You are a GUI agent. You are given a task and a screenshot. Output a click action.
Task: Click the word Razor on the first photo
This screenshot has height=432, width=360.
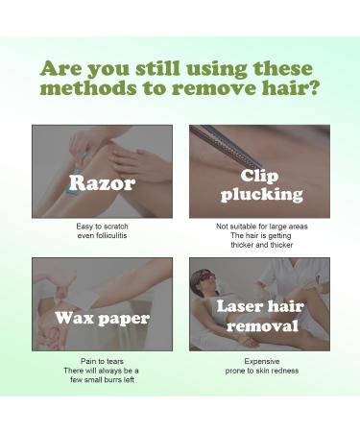[102, 183]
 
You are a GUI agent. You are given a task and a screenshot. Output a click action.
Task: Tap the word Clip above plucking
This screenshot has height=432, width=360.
[259, 177]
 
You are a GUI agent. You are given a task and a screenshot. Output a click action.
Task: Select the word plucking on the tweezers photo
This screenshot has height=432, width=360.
[261, 194]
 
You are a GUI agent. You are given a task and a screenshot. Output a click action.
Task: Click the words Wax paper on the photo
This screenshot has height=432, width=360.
[102, 318]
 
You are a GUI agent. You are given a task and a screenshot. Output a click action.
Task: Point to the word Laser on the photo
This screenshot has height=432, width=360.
[240, 306]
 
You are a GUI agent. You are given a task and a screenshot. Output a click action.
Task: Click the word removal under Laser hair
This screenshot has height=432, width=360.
[262, 325]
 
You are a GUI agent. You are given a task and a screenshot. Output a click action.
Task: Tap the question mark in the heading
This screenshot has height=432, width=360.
[312, 87]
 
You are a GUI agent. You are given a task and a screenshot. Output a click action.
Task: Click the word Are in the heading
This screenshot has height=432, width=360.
[60, 68]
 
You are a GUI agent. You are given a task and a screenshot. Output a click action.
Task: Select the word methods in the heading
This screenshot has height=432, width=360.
[88, 87]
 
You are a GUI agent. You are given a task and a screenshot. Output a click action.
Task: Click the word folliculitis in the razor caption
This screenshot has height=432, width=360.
[111, 235]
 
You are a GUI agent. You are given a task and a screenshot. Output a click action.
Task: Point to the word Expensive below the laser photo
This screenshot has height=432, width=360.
[262, 361]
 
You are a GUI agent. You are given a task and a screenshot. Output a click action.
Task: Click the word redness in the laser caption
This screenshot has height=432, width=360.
[286, 371]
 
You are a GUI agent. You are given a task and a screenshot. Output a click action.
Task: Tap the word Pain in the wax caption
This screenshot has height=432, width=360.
[86, 361]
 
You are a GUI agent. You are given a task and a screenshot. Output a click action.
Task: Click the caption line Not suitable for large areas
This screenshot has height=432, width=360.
[262, 227]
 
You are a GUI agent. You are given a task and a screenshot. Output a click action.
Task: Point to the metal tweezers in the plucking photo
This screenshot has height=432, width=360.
[226, 146]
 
